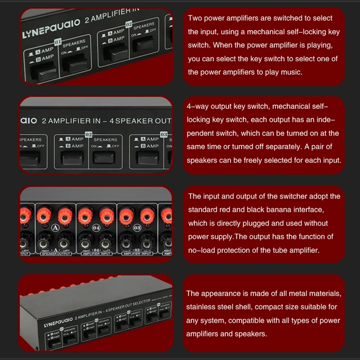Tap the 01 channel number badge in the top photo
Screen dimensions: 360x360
tap(58, 43)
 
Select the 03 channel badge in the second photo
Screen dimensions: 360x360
tap(163, 134)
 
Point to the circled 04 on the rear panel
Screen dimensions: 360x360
tap(96, 228)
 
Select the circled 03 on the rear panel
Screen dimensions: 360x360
tap(137, 228)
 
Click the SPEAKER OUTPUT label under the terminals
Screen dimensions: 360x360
tap(56, 254)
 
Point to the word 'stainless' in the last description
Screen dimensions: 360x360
tap(202, 307)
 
